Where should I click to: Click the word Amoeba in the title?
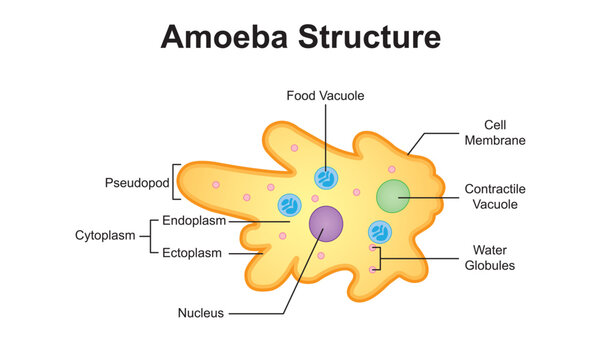pyautogui.click(x=220, y=37)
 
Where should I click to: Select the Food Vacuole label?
pyautogui.click(x=325, y=96)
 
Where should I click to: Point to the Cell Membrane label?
pyautogui.click(x=494, y=133)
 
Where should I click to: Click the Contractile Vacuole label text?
pyautogui.click(x=494, y=196)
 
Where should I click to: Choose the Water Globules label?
pyautogui.click(x=489, y=257)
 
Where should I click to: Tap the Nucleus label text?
pyautogui.click(x=200, y=313)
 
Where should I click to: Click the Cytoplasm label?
pyautogui.click(x=103, y=236)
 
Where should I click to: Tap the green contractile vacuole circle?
pyautogui.click(x=393, y=196)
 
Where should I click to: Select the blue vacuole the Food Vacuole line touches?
pyautogui.click(x=325, y=178)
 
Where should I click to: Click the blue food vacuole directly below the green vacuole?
pyautogui.click(x=380, y=233)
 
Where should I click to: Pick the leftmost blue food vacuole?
pyautogui.click(x=288, y=206)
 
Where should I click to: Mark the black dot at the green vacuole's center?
pyautogui.click(x=399, y=196)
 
